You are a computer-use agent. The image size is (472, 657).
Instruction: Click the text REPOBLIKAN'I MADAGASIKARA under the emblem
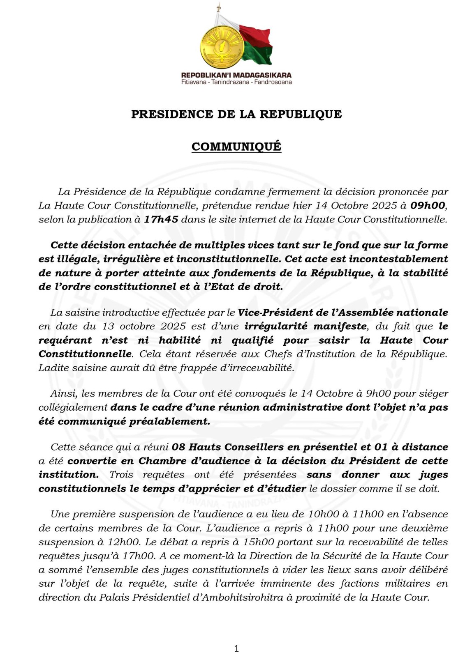[236, 75]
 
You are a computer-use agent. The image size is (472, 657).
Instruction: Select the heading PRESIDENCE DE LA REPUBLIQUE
[236, 114]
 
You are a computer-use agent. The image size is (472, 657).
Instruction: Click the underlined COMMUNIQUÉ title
[236, 147]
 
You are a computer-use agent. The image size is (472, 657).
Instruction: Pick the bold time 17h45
[161, 219]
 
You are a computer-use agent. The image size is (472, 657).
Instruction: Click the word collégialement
[73, 407]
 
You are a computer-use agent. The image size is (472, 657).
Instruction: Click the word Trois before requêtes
[121, 475]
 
